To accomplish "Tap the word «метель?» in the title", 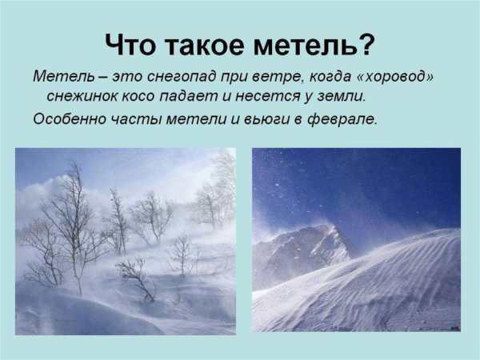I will pyautogui.click(x=319, y=45).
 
